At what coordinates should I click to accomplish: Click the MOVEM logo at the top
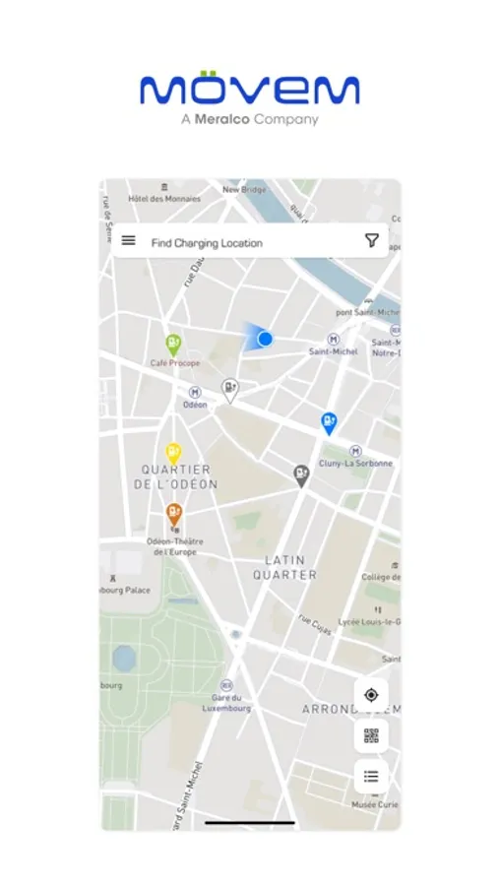click(x=249, y=90)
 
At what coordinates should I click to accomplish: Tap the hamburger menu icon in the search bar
click(x=128, y=240)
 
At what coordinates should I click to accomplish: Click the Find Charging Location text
click(x=207, y=242)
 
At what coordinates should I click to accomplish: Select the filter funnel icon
click(x=372, y=240)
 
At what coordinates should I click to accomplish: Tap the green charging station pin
click(x=173, y=344)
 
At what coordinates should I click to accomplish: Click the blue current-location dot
click(x=265, y=339)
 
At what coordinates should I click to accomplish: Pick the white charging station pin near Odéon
click(x=229, y=390)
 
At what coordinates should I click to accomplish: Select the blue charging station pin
click(x=330, y=422)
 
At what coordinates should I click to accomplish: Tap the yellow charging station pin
click(x=173, y=452)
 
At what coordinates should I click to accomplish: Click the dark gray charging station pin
click(x=301, y=475)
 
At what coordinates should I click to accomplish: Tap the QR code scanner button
click(x=371, y=735)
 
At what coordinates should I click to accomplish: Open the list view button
click(x=371, y=776)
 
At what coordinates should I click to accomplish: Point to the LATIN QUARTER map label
click(x=290, y=567)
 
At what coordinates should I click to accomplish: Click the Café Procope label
click(x=174, y=363)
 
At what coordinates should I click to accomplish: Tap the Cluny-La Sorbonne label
click(x=355, y=463)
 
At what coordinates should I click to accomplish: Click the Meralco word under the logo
click(x=218, y=120)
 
